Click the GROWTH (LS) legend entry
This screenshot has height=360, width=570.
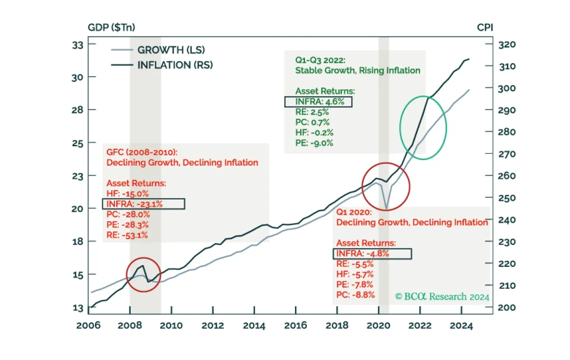tap(158, 50)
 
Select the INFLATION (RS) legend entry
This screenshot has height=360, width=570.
tap(162, 65)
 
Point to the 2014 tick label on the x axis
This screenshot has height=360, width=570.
tap(254, 326)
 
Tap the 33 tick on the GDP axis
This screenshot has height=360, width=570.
tap(77, 45)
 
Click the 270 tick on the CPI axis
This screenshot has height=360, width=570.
tap(507, 154)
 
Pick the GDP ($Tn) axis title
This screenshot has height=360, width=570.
tap(111, 27)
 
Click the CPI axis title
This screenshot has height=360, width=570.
tap(485, 27)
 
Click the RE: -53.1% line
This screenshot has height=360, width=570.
tap(127, 235)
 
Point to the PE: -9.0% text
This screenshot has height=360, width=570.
tap(314, 143)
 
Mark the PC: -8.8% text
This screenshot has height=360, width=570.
tap(355, 294)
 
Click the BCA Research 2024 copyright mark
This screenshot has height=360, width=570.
tap(442, 297)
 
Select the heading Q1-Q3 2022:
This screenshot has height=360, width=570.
tap(320, 60)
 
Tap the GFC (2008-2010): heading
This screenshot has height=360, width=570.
tap(142, 152)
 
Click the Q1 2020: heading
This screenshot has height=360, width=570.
tap(354, 212)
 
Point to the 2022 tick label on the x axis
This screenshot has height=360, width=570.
tap(420, 326)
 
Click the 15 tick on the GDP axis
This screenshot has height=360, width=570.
tap(77, 275)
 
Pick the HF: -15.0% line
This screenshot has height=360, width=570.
tap(127, 193)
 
